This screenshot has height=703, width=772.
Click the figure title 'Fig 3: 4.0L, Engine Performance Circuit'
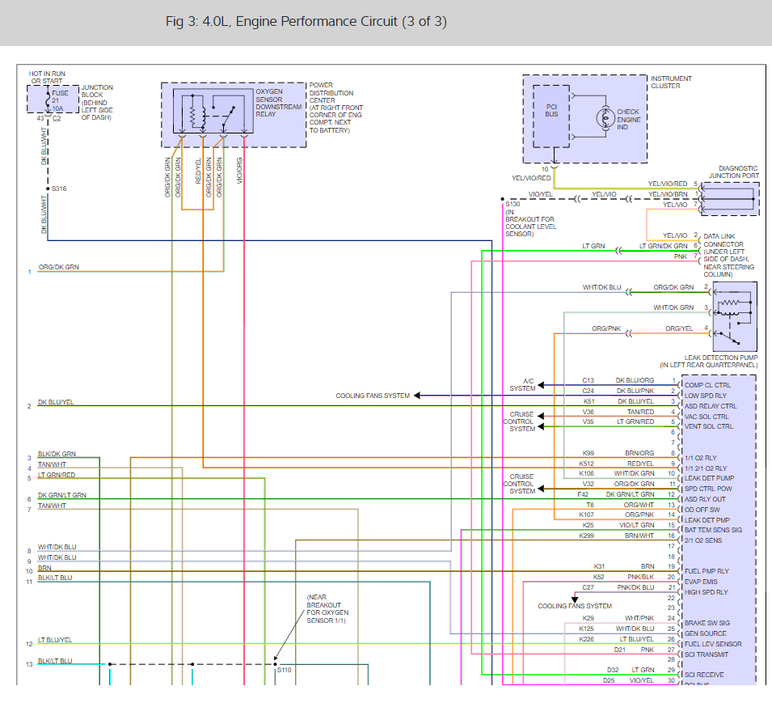click(306, 22)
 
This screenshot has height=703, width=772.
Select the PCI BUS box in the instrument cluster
click(551, 110)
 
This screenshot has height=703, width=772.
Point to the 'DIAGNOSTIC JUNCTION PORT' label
click(733, 172)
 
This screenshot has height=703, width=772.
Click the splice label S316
click(59, 188)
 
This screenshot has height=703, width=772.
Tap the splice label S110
click(284, 670)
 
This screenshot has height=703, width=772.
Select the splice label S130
click(513, 205)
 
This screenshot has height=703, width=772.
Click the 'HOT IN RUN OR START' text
click(46, 77)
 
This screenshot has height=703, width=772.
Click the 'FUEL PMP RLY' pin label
click(706, 571)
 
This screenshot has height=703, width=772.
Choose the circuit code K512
click(586, 464)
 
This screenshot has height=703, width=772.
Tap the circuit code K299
click(586, 536)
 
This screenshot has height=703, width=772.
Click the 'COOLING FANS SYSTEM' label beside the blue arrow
click(373, 396)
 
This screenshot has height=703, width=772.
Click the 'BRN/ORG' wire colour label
click(639, 453)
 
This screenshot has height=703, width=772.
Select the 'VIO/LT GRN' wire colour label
click(639, 525)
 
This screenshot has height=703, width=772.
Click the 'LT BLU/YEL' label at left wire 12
click(55, 641)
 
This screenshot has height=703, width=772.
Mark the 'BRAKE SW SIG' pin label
click(707, 623)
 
